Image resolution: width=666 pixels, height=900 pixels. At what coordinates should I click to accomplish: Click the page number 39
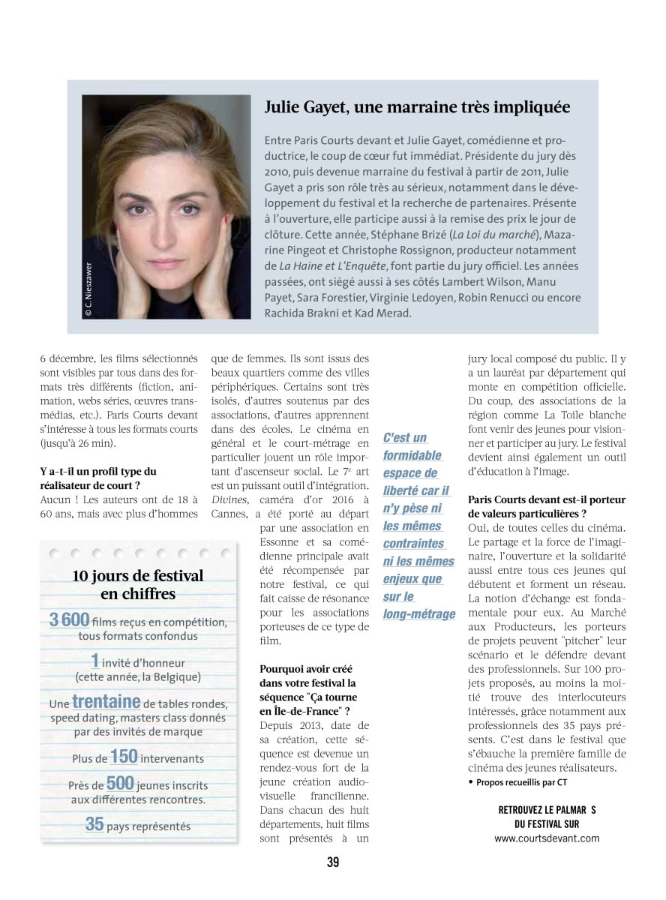pos(333,862)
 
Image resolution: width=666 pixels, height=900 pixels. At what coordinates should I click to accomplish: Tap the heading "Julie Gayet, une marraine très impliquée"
pos(417,107)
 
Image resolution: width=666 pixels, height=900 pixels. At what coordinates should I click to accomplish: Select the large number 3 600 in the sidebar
pos(70,620)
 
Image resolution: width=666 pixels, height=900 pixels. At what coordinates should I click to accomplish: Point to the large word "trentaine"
pos(106,702)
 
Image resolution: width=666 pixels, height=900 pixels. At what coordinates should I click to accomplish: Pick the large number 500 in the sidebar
pos(121,783)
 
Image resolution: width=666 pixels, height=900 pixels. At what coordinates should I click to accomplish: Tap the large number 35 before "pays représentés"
pos(94,824)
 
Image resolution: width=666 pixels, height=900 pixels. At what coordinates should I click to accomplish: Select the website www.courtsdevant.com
pos(547,838)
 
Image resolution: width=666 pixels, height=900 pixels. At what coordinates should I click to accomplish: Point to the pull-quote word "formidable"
pos(412,455)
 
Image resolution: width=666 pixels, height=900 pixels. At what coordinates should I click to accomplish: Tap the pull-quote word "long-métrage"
pos(419,614)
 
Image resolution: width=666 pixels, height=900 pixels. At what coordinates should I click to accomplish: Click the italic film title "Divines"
pos(229,499)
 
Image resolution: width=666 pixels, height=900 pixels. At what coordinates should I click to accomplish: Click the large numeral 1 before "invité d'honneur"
pos(95,660)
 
